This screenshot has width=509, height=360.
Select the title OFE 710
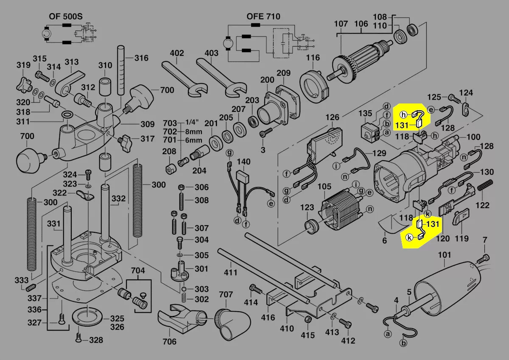click(x=263, y=17)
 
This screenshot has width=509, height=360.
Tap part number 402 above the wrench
click(x=177, y=53)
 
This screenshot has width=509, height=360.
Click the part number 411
click(x=231, y=272)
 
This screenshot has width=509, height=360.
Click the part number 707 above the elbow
click(x=226, y=294)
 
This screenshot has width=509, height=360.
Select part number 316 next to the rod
click(x=141, y=58)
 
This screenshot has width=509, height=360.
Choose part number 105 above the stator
click(x=324, y=187)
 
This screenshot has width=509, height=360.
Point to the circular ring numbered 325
click(x=87, y=317)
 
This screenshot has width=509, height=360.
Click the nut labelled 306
click(x=180, y=187)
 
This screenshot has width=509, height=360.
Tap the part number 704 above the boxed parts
click(x=137, y=271)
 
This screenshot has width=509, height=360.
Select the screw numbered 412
click(x=347, y=324)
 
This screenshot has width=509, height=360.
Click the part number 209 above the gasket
click(x=284, y=73)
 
